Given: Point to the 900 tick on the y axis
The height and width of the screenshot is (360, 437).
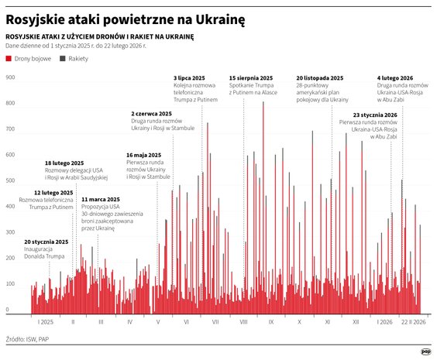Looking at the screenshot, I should [11, 78].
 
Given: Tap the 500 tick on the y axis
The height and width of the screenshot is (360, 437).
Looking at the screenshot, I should [11, 181].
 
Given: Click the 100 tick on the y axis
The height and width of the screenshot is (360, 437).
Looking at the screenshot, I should [11, 284].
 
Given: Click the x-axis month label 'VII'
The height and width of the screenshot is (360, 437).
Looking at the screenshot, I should [215, 321].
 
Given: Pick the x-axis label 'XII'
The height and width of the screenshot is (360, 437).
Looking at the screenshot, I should [356, 321].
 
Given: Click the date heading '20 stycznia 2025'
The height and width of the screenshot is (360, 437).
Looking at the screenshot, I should [46, 242].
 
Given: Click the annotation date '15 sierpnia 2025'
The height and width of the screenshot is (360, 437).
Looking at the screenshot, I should [251, 78].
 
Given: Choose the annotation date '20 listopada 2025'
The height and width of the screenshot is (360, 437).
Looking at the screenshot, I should [319, 78].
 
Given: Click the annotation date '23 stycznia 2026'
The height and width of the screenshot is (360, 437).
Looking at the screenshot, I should [374, 115].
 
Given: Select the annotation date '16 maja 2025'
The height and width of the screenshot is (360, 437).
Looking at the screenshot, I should [143, 155].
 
